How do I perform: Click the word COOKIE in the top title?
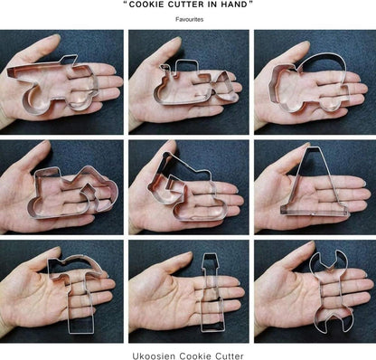(146, 5)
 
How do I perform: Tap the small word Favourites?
(190, 19)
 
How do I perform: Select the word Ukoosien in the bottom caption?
(154, 355)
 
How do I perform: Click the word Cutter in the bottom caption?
(230, 355)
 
